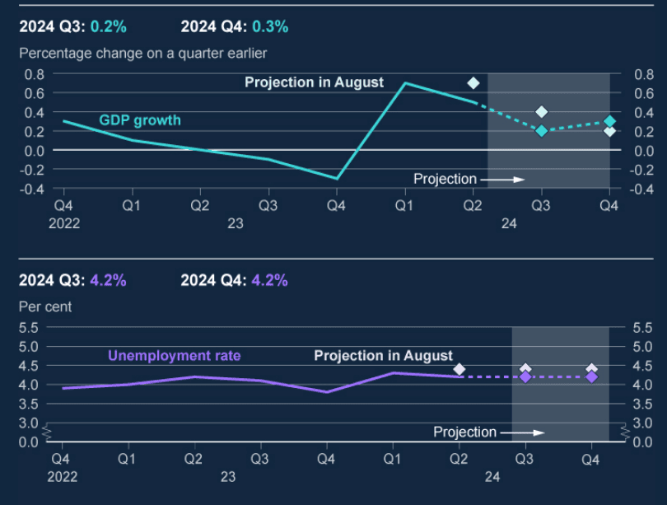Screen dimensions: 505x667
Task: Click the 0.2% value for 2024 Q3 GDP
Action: (x=109, y=26)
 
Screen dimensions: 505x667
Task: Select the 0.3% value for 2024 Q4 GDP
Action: (x=270, y=26)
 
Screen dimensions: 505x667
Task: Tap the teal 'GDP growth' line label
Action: (x=140, y=120)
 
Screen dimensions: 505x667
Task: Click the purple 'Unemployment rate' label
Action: (x=175, y=356)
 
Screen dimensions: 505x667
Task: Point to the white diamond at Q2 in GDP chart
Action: (x=473, y=82)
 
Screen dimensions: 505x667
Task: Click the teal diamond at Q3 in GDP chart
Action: (x=541, y=130)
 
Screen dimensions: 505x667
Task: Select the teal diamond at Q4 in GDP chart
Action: (x=609, y=121)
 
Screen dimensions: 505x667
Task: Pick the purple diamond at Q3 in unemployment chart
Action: (x=525, y=376)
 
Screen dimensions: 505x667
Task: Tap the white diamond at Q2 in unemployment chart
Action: (x=459, y=369)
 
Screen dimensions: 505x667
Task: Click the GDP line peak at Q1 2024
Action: (x=404, y=83)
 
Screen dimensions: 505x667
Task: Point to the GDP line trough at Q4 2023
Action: (x=336, y=178)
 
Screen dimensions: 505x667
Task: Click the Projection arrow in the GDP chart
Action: (x=502, y=179)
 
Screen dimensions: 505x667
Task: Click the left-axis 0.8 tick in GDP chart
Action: (x=34, y=73)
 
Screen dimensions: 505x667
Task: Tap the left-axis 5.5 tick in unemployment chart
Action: (x=28, y=327)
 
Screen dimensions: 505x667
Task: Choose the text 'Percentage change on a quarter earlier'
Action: (x=142, y=54)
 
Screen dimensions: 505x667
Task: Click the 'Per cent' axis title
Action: (x=45, y=306)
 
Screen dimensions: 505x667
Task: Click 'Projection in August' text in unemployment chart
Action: (x=383, y=356)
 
